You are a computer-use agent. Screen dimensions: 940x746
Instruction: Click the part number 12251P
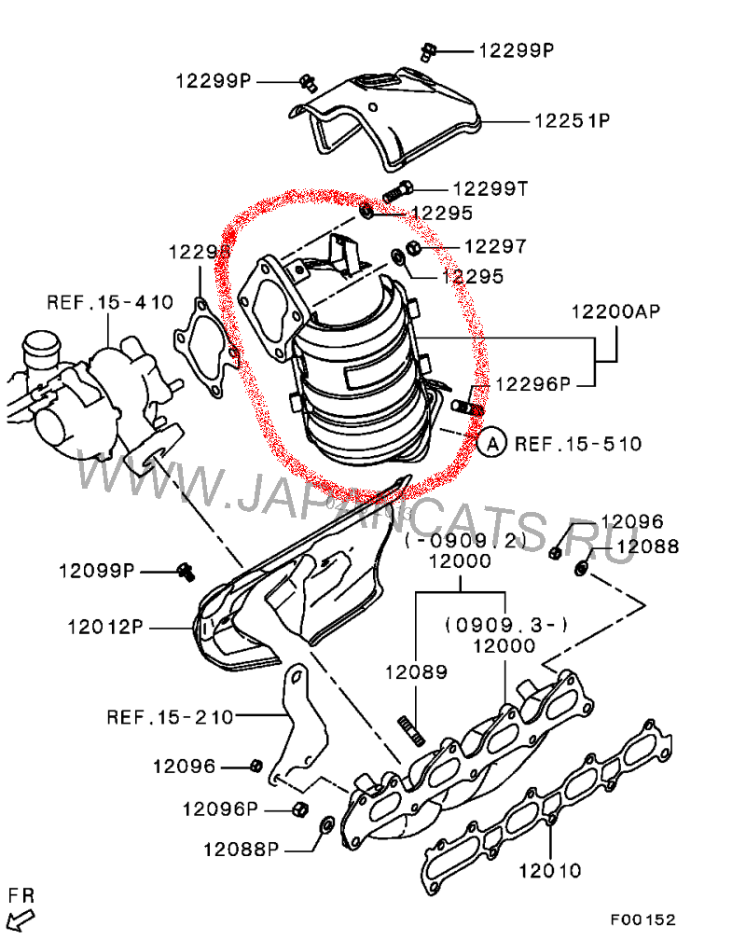(x=571, y=121)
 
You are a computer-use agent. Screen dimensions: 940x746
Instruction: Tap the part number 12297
(x=494, y=247)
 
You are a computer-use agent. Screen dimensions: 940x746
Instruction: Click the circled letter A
(x=492, y=443)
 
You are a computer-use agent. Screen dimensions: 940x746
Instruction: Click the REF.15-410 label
(x=110, y=302)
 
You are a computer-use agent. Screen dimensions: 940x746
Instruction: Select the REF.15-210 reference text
(x=170, y=717)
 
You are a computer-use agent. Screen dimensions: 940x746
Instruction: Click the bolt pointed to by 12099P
(x=186, y=571)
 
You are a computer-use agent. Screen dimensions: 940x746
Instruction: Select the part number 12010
(x=550, y=871)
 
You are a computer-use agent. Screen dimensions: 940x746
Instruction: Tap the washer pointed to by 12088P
(x=327, y=825)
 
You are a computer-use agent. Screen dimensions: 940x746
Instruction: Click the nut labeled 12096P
(x=300, y=808)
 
